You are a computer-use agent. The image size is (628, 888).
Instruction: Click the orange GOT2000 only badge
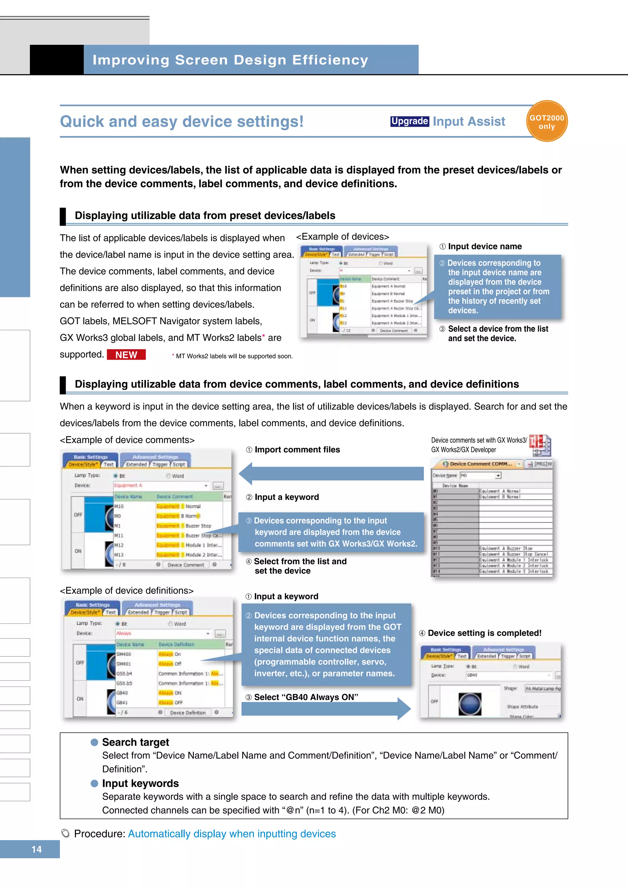point(546,121)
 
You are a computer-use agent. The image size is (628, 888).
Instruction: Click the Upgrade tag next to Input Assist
point(409,121)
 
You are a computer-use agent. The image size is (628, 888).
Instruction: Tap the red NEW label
point(126,355)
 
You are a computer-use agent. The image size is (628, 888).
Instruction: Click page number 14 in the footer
point(36,849)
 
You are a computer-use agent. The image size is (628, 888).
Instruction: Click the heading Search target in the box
point(135,742)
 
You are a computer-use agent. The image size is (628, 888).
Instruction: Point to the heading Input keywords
point(140,783)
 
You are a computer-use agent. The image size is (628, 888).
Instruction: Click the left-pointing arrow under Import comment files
point(331,473)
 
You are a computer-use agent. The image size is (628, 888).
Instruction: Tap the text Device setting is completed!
point(484,633)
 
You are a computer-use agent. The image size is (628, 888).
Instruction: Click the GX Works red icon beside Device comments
point(540,445)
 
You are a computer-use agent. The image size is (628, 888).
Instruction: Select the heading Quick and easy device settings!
point(182,121)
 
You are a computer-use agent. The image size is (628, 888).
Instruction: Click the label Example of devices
point(342,236)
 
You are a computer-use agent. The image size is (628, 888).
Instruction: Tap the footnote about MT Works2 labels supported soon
point(234,356)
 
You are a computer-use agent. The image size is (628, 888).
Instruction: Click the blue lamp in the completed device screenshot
point(469,704)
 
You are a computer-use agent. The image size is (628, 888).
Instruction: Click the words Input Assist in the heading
point(469,121)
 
